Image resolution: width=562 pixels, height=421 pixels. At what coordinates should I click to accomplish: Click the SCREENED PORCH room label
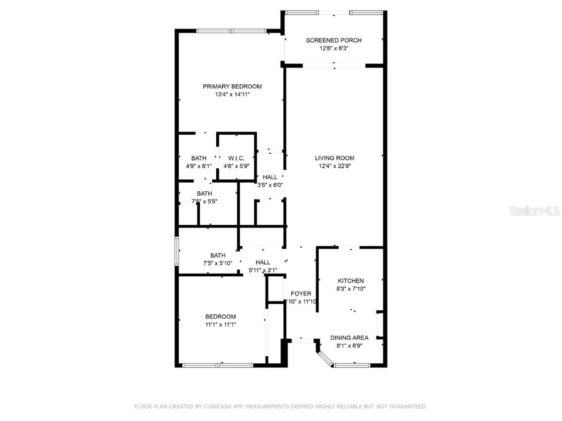334,40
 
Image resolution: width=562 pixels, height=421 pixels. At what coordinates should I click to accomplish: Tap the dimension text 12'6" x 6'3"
334,48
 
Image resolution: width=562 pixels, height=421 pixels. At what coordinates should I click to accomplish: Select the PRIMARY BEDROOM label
232,86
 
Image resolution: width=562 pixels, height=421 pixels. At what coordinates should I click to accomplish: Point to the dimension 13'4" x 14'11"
232,94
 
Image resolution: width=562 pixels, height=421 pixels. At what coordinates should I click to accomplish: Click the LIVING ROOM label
334,158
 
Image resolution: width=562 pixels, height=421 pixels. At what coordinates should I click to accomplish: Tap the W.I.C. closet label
236,158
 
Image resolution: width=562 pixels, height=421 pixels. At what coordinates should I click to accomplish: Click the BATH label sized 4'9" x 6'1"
199,158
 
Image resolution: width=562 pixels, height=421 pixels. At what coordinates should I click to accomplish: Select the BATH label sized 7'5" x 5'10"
218,255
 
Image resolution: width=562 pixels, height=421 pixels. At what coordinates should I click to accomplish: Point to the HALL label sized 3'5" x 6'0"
270,177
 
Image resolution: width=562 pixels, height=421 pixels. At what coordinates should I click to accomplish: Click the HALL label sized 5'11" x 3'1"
263,262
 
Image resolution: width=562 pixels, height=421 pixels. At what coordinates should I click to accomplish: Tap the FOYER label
301,293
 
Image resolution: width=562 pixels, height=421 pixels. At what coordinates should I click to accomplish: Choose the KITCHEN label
351,281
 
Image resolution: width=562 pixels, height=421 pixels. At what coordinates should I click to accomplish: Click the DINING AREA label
349,338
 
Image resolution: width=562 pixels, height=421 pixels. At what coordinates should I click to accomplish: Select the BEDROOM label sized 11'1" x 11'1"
221,316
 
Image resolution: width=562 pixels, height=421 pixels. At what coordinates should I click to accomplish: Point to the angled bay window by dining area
326,357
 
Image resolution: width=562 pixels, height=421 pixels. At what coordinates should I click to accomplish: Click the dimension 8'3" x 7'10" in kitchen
351,289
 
